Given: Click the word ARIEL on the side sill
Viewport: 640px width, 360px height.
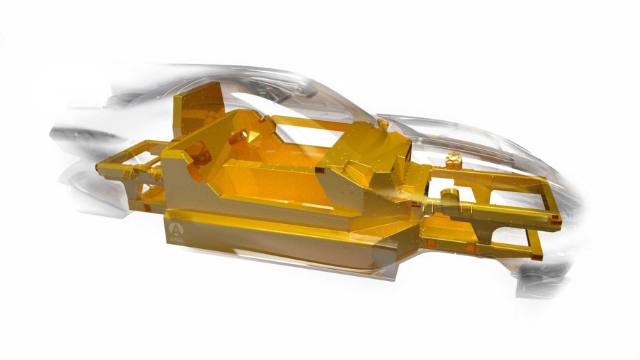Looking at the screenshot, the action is (176, 240).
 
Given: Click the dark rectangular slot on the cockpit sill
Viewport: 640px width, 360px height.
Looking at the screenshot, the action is (320, 170).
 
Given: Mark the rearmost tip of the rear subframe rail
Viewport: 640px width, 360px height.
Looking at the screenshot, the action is (97, 166).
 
